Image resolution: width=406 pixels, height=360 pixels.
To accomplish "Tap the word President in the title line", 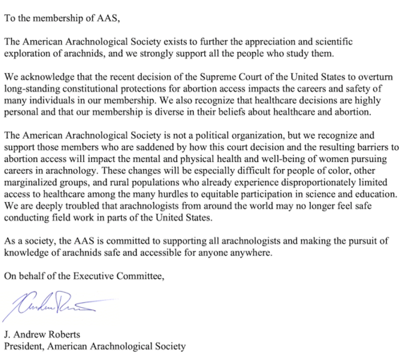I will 24,347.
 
